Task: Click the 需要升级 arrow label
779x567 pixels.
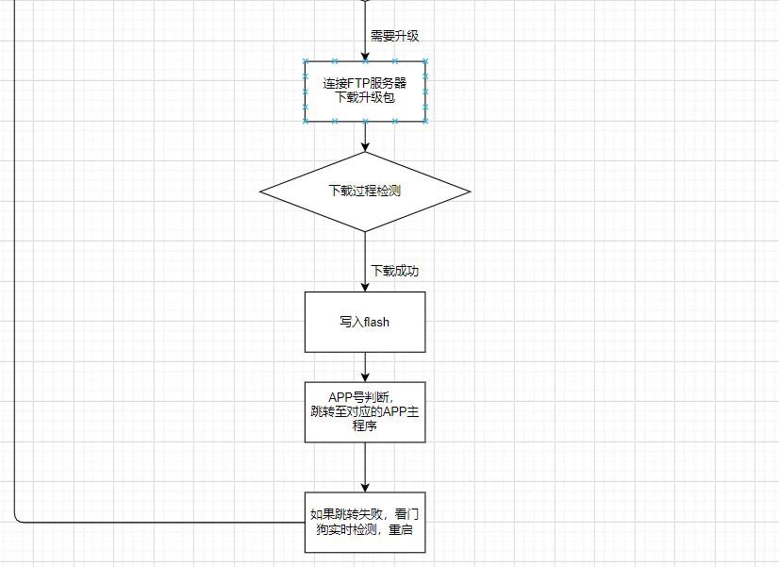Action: point(395,36)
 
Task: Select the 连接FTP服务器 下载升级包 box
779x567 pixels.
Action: point(365,92)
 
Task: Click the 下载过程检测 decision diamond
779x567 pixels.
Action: point(365,192)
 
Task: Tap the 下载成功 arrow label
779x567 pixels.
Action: point(395,271)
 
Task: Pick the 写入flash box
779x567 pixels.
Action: point(365,322)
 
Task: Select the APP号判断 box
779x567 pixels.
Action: point(365,412)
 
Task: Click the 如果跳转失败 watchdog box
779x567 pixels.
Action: point(365,523)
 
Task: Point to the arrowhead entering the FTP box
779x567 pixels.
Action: point(365,57)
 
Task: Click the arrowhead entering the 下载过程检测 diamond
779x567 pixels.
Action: point(365,147)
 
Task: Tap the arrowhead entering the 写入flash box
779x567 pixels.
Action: point(365,287)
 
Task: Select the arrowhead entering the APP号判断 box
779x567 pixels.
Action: point(365,377)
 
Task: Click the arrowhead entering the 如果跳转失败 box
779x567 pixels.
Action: point(365,488)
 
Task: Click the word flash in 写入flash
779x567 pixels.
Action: point(376,322)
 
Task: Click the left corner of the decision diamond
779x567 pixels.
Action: point(260,192)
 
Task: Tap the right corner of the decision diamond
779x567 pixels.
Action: point(470,192)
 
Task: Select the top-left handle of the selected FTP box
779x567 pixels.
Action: point(306,61)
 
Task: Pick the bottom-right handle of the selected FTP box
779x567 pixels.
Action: point(425,122)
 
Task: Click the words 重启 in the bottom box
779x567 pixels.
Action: point(401,529)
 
